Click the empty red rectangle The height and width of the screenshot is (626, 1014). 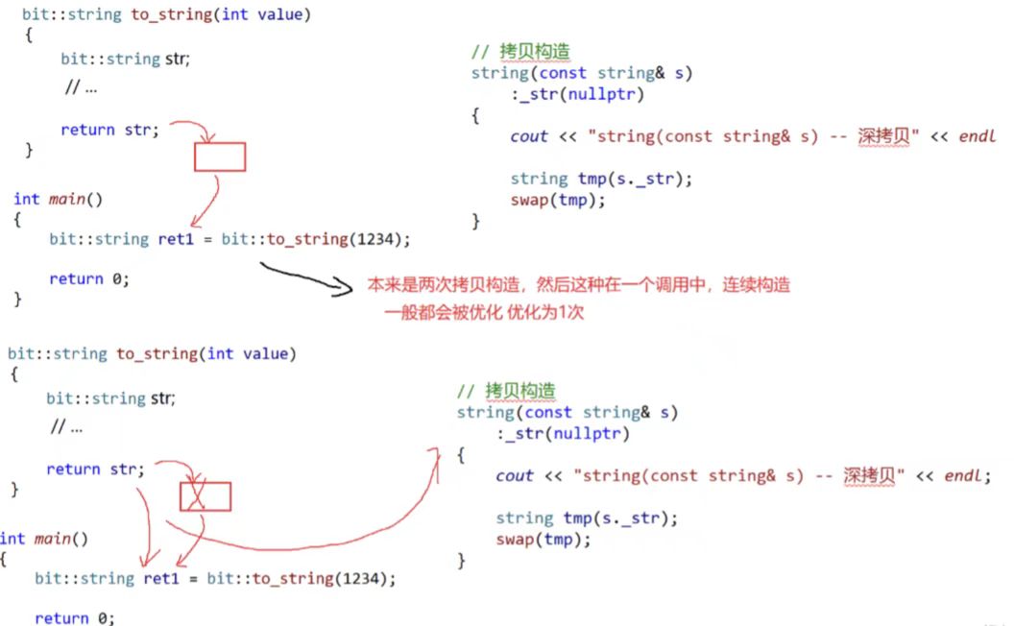[220, 156]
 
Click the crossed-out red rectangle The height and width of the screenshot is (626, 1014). [205, 495]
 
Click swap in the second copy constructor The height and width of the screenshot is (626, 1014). [515, 539]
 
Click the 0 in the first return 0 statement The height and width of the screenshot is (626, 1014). [122, 278]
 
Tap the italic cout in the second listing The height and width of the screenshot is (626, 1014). [515, 475]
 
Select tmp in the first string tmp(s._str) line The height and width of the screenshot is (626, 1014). [591, 179]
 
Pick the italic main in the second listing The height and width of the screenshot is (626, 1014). [54, 539]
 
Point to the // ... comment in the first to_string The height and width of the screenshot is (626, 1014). [81, 87]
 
